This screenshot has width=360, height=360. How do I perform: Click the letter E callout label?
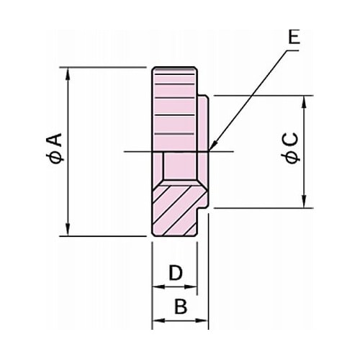pos(294,37)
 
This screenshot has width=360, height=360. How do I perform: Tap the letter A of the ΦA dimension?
pos(55,140)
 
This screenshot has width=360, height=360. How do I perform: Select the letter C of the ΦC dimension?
pos(290,140)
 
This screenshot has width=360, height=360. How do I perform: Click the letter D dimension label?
pos(176,273)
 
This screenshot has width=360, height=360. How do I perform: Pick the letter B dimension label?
pos(181,307)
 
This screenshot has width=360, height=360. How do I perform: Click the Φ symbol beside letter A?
pos(55,158)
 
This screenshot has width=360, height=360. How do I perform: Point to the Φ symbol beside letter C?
pos(290,158)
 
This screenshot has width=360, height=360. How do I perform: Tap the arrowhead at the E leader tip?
pos(213,146)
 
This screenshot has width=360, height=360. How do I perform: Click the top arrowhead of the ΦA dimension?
pos(68,73)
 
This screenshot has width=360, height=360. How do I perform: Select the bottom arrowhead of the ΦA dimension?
pos(68,230)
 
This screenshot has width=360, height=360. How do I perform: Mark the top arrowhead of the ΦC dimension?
pos(304,102)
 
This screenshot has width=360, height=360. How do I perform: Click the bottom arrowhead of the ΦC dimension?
pos(304,202)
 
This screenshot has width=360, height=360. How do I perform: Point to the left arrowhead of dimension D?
pos(159,287)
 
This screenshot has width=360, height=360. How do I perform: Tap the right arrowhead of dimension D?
pos(191,287)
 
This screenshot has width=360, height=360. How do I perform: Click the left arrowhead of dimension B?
pos(159,320)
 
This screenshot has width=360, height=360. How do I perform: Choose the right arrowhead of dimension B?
pos(202,320)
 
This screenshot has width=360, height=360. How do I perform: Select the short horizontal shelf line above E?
pos(292,50)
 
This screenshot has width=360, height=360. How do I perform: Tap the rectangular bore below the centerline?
pos(180,166)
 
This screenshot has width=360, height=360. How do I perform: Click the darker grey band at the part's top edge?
pos(174,70)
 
